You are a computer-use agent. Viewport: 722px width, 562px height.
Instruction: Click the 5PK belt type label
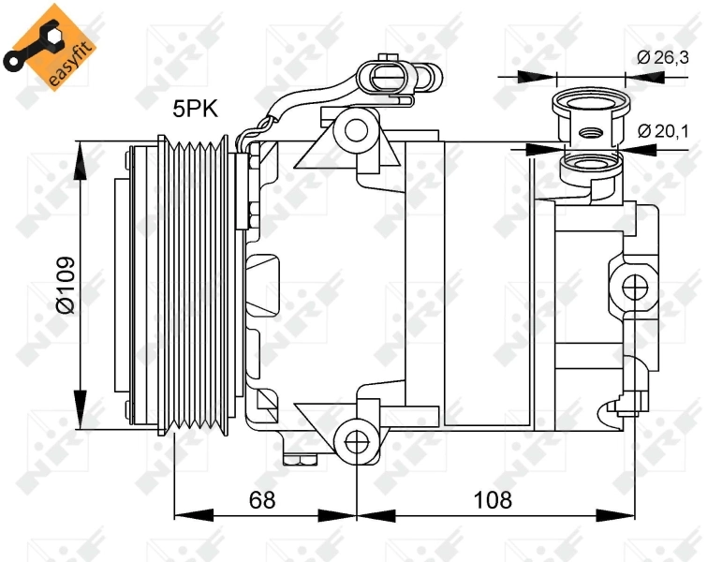pos(194,110)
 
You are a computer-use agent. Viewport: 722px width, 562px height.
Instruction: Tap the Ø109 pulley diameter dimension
pos(65,286)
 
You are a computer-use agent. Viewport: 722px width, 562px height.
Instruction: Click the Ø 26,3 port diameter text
pos(663,57)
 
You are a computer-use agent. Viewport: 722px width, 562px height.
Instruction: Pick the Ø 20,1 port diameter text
pos(663,131)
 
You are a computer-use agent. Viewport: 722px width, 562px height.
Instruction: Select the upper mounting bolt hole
pos(357,129)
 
